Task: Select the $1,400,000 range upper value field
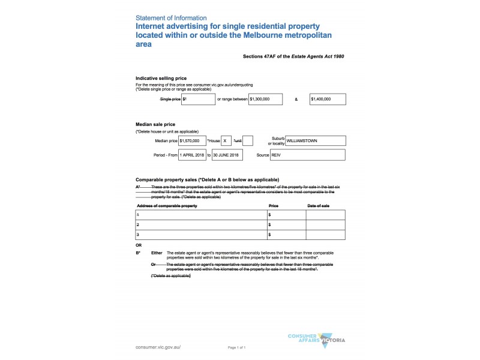(328, 99)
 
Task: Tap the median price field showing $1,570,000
(192, 141)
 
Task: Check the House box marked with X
(226, 141)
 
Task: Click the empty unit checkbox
(248, 141)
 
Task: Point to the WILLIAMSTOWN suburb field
(316, 141)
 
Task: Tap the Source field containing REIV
(307, 155)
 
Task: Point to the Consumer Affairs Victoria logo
(316, 340)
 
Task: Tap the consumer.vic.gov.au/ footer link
(158, 347)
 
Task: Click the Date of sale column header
(318, 206)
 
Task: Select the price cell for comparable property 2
(286, 224)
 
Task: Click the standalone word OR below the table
(139, 245)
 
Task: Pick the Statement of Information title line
(171, 18)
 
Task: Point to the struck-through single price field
(198, 99)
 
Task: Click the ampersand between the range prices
(296, 99)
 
